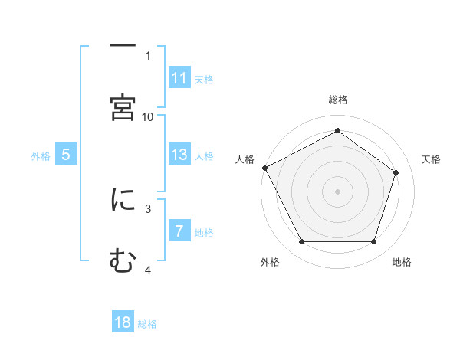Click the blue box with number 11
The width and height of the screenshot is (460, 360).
click(179, 78)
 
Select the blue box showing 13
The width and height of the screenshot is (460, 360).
click(179, 155)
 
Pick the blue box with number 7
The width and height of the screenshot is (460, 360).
click(179, 231)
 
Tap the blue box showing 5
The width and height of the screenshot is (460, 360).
click(66, 155)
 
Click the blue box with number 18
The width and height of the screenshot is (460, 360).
click(123, 322)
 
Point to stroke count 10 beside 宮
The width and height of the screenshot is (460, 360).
click(148, 116)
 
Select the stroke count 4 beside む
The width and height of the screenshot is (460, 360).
click(148, 270)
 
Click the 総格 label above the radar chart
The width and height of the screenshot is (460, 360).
click(337, 100)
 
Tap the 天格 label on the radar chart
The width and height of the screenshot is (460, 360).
click(432, 159)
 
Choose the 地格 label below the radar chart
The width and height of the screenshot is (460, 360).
click(402, 263)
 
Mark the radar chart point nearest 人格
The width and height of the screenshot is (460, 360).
click(264, 168)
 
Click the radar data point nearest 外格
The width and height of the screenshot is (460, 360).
click(301, 242)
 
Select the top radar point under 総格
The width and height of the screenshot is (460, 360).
click(337, 131)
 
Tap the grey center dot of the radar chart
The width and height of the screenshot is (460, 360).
click(337, 191)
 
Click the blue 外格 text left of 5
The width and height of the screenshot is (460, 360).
click(41, 155)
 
